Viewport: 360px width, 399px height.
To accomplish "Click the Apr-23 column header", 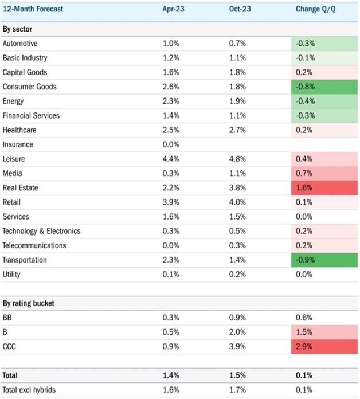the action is pos(173,9).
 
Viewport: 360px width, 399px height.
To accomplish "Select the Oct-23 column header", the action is pos(240,9).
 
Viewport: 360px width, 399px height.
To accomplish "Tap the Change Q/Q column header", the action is pos(315,9).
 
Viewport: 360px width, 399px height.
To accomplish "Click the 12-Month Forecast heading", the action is pos(33,9).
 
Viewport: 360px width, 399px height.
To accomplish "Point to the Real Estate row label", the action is pos(21,188).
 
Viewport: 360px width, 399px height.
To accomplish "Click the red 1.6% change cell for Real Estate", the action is pos(324,188).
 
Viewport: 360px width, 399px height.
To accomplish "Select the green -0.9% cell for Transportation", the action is pos(324,260).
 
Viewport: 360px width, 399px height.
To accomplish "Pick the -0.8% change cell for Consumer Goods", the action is pos(324,87).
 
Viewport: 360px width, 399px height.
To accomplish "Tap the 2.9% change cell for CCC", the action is pos(324,347).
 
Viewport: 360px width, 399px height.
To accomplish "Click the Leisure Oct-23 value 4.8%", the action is pos(237,159).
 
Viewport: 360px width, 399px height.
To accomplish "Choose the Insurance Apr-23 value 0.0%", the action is pos(171,144).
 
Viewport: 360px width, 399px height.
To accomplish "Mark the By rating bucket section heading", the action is pos(29,303).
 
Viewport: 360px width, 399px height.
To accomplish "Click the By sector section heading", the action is pos(17,29).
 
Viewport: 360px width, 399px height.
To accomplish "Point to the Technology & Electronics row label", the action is pos(41,231).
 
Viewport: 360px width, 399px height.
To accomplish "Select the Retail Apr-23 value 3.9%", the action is pos(171,202).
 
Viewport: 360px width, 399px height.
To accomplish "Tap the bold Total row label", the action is pos(10,375).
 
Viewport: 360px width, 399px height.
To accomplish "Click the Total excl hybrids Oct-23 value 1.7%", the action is pos(237,390).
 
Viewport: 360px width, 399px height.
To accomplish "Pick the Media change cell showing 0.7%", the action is pos(324,173).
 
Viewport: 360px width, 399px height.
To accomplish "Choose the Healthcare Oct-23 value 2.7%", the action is pos(237,130).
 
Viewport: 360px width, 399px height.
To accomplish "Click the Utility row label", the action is pos(11,275).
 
